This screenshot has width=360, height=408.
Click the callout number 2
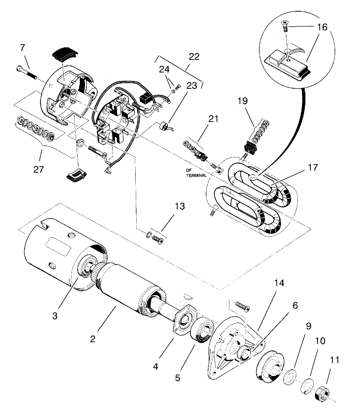[92, 339]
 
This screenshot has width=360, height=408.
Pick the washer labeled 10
[306, 384]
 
